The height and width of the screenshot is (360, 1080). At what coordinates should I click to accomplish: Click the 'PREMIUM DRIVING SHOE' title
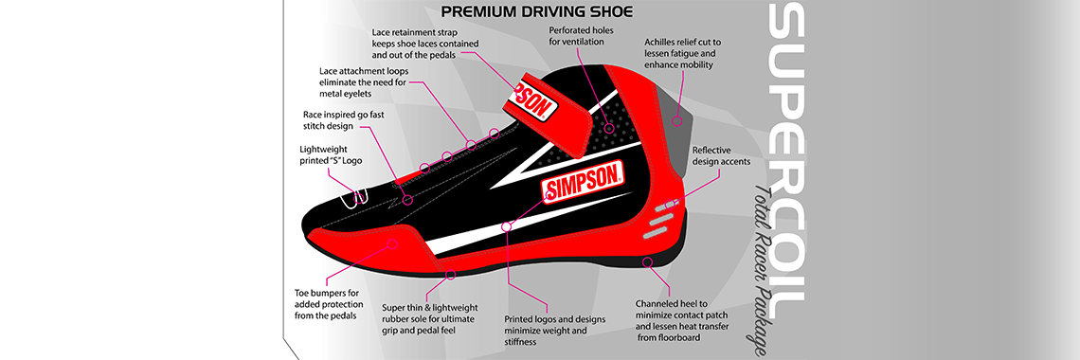click(x=536, y=12)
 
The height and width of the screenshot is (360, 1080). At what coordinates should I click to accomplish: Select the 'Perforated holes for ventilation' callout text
click(x=582, y=36)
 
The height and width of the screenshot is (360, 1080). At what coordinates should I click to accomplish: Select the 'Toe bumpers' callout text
click(x=325, y=303)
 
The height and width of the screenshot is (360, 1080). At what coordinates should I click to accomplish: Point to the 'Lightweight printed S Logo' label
click(x=331, y=155)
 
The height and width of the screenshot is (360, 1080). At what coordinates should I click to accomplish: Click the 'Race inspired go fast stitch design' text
click(x=335, y=119)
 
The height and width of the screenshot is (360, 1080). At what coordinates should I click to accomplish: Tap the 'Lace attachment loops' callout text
click(x=363, y=81)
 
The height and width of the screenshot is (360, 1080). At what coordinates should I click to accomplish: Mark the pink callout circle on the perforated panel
click(x=596, y=127)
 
